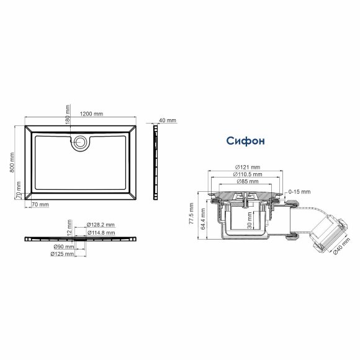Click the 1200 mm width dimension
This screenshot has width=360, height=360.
click(x=91, y=114)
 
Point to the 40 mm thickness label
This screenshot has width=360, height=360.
click(x=168, y=120)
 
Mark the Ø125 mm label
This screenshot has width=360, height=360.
click(x=62, y=254)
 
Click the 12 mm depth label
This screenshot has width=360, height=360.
click(x=70, y=226)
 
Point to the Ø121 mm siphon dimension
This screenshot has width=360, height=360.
click(x=247, y=168)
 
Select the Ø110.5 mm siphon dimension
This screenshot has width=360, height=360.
click(x=247, y=175)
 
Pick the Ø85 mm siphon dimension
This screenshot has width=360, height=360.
click(x=247, y=182)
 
